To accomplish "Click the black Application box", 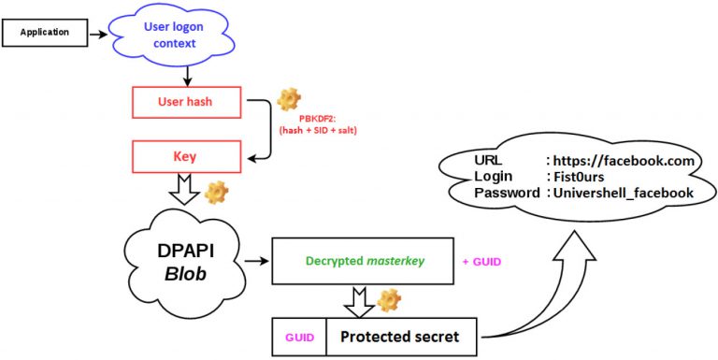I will click(x=45, y=33).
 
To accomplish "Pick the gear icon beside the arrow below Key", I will click(x=216, y=193).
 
